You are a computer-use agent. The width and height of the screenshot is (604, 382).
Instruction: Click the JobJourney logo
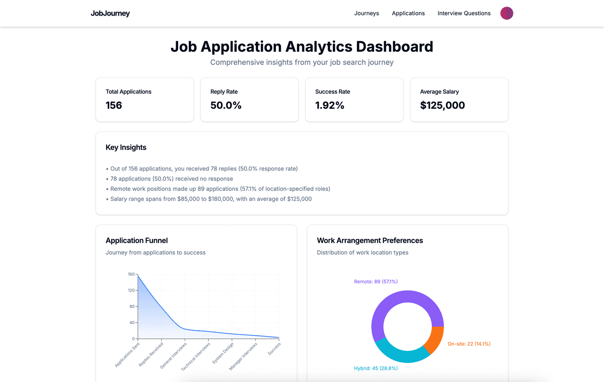click(x=110, y=14)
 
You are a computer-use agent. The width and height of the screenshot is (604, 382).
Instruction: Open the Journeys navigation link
click(x=366, y=14)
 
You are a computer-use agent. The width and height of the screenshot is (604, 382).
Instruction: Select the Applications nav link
click(x=408, y=14)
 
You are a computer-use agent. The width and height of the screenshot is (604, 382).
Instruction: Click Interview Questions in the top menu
click(x=464, y=14)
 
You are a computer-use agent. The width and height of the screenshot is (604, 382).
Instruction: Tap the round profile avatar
click(x=506, y=14)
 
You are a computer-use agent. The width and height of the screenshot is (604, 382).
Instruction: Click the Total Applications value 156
click(x=114, y=105)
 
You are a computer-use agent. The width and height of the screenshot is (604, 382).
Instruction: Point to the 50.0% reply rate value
click(x=226, y=105)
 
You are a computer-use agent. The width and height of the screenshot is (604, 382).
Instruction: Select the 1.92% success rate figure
click(x=330, y=105)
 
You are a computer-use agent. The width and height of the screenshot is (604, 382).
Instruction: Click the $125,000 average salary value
click(x=442, y=105)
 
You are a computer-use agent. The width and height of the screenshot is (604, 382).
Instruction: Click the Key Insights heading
click(x=126, y=147)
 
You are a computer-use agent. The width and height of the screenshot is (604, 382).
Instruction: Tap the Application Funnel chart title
click(x=136, y=241)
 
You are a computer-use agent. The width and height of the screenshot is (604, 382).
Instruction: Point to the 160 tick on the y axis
click(x=131, y=274)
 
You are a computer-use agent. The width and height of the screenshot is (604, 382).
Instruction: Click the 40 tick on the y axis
click(x=132, y=323)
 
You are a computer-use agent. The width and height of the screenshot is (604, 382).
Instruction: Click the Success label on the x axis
click(x=274, y=349)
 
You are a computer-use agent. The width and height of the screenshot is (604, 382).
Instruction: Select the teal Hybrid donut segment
click(x=401, y=354)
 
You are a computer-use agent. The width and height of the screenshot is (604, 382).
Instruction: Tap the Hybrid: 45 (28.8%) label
click(x=375, y=368)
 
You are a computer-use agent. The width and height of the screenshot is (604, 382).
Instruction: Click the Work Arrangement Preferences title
click(x=369, y=241)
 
